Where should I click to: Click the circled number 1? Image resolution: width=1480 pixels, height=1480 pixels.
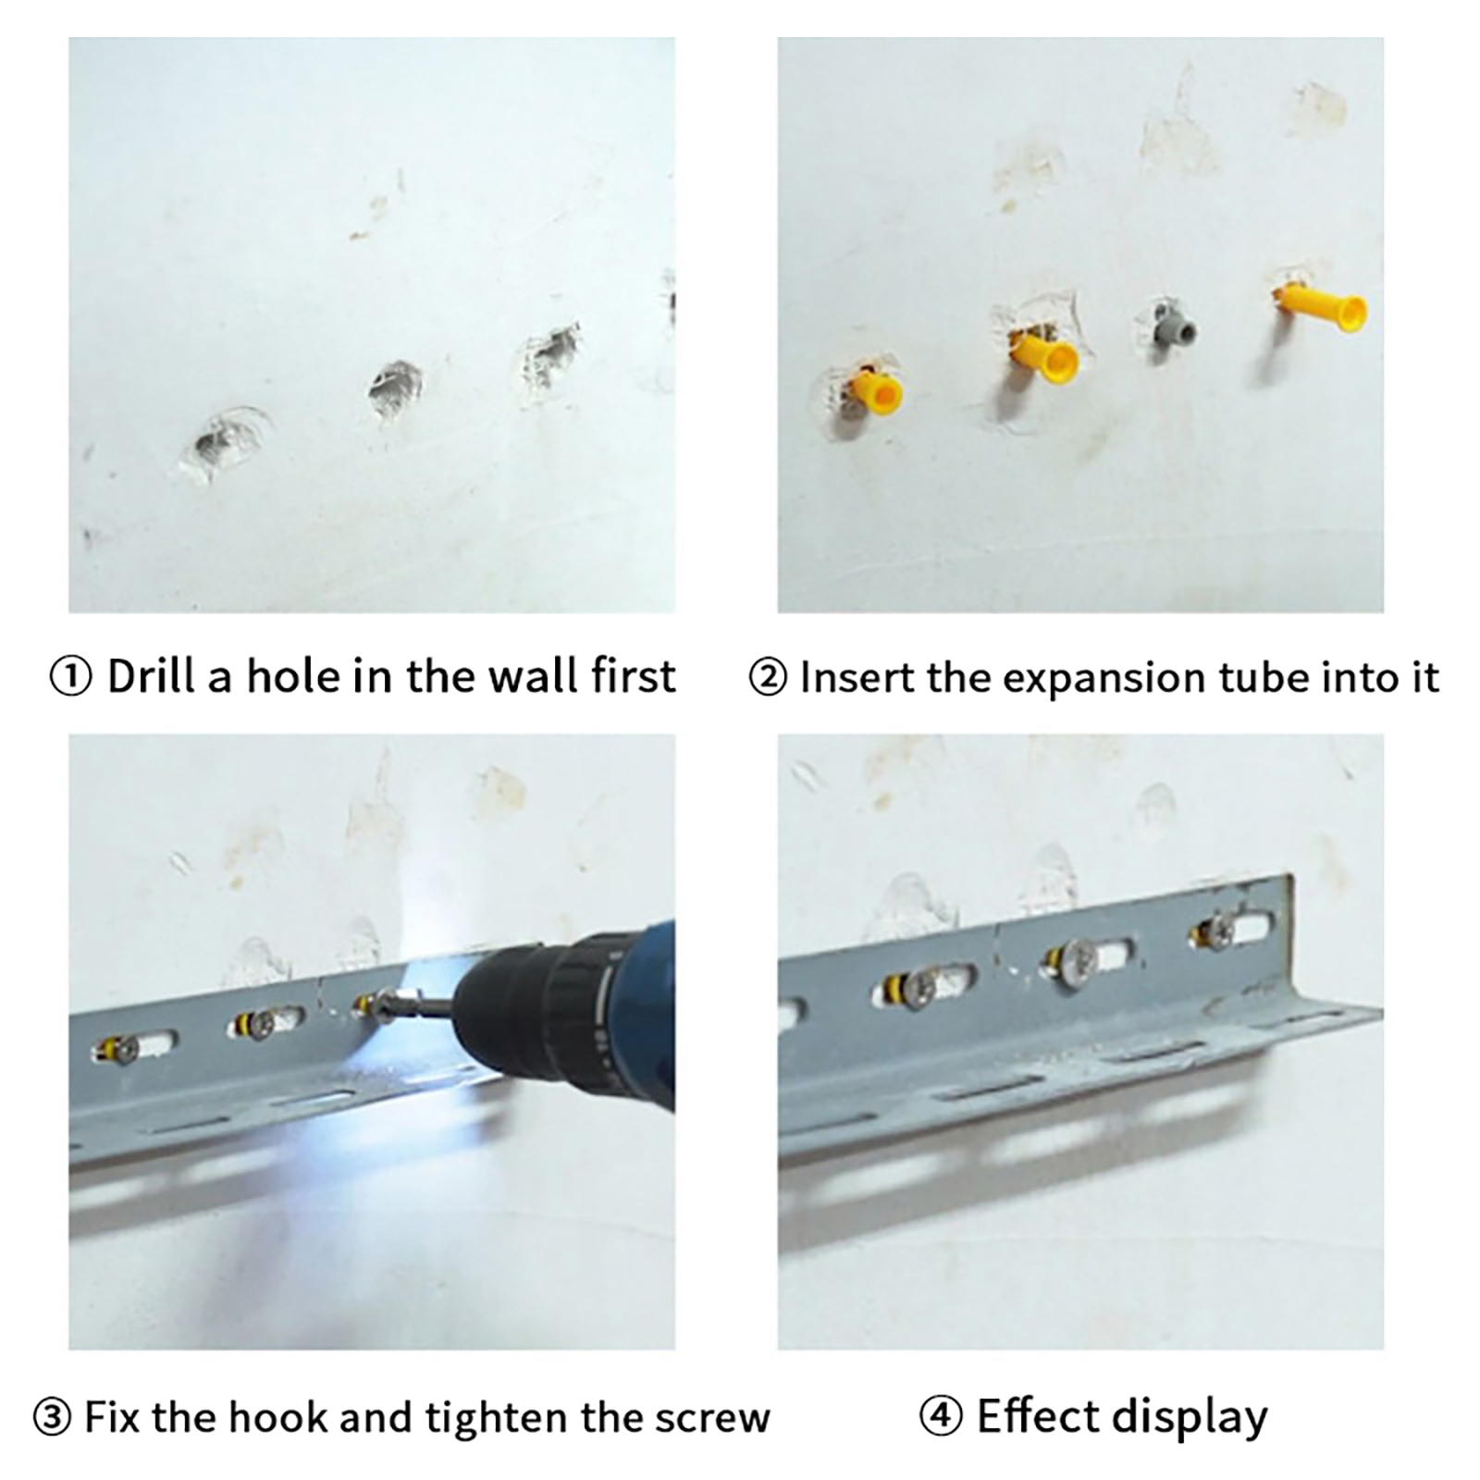tap(70, 677)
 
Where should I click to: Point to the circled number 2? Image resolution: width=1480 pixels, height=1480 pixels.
tap(768, 677)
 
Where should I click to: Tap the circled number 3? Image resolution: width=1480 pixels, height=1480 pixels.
tap(52, 1418)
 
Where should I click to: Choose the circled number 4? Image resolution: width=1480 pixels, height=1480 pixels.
tap(941, 1416)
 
